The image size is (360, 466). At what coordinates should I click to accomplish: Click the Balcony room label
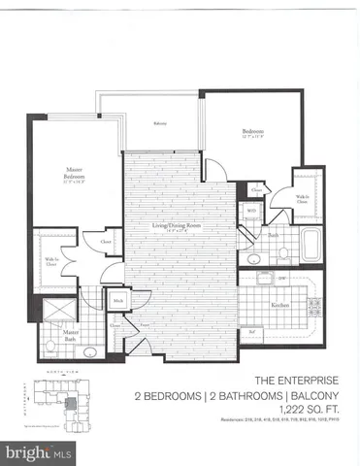(x=160, y=124)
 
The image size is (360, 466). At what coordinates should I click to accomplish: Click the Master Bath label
(x=70, y=332)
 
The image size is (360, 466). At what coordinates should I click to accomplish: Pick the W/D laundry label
(x=250, y=210)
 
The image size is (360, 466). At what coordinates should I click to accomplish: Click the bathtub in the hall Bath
(x=312, y=245)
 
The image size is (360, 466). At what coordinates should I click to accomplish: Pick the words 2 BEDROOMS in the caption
(x=166, y=396)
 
